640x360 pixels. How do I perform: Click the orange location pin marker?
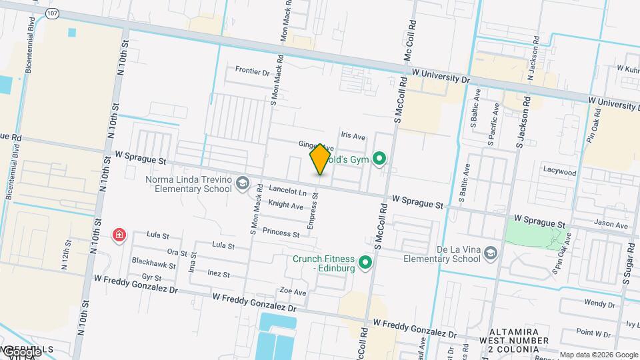320,159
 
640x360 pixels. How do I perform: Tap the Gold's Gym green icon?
380,158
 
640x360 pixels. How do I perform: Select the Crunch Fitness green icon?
365,263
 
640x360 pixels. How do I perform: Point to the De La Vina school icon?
491,253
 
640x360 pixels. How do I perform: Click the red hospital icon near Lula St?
119,235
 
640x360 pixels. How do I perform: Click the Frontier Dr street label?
252,71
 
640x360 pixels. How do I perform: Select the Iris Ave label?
353,136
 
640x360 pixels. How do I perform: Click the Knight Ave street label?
286,205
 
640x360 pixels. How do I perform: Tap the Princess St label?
281,233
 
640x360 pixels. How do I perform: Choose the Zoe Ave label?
293,291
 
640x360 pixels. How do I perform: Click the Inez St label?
219,274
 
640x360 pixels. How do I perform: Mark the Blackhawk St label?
153,263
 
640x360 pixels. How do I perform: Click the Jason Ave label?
612,225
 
